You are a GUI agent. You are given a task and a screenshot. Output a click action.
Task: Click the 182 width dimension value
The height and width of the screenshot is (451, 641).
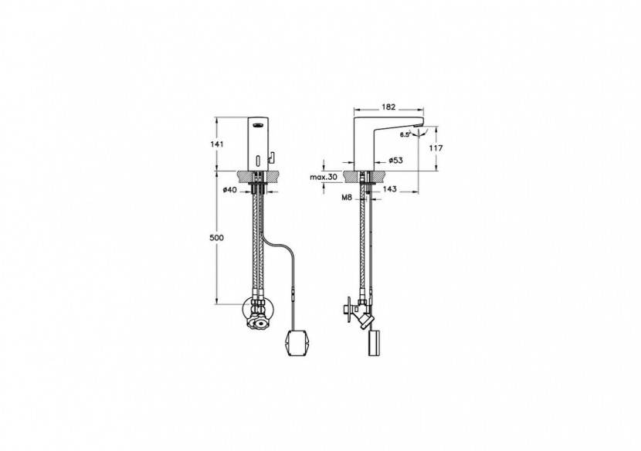(x=388, y=107)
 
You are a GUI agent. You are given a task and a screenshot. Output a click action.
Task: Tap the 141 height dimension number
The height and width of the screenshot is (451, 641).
(x=217, y=144)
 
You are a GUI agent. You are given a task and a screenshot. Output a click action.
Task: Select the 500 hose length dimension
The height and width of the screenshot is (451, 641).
(x=217, y=238)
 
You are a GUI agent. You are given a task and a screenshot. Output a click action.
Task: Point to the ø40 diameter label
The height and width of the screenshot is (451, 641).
(x=229, y=189)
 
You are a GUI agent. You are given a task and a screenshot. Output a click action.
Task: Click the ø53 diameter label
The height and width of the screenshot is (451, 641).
(x=395, y=161)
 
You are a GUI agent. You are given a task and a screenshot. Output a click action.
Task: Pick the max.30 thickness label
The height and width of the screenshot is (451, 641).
(x=324, y=177)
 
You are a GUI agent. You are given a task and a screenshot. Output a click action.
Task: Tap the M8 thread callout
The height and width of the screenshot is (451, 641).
(x=347, y=198)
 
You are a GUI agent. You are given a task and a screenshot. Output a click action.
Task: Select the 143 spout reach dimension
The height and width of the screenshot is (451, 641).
(x=391, y=189)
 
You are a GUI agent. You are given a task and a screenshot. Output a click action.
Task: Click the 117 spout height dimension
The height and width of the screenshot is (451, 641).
(x=436, y=148)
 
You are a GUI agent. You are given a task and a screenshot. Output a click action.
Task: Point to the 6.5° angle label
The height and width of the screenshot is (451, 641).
(x=405, y=134)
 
